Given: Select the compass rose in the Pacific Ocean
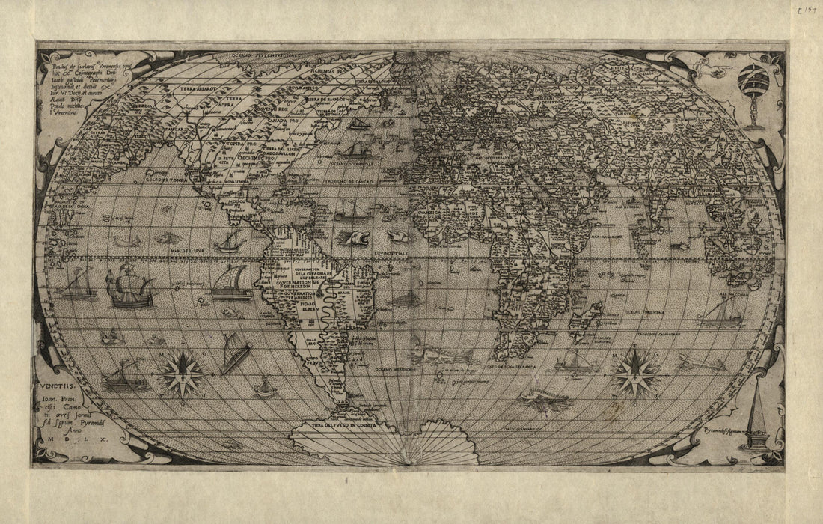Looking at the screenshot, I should (x=182, y=372).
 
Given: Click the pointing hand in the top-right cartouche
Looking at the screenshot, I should (x=706, y=69).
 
